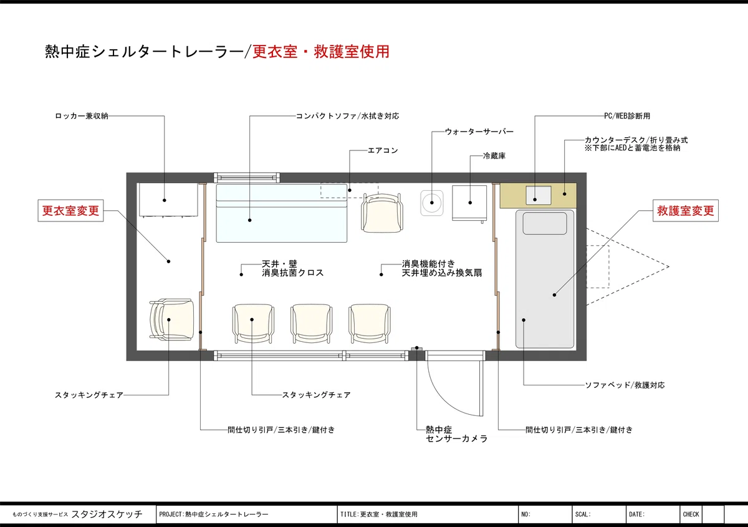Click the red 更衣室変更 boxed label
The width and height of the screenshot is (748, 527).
pos(70,211)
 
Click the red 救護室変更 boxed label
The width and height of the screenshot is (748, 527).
pos(686,211)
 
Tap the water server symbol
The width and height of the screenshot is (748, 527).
pos(432,203)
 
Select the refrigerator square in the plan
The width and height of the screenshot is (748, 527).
pos(469,203)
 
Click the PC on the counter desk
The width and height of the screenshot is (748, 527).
pos(539,195)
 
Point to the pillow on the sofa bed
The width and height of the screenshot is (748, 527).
pos(545,223)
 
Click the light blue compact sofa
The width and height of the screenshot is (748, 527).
pos(282,213)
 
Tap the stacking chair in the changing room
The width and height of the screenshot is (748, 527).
pos(171,320)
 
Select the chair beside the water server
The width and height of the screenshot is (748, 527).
pos(382,213)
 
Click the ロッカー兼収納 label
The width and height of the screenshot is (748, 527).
pos(82,116)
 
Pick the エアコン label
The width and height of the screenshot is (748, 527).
pos(383,150)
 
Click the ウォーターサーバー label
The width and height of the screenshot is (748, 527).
pos(479,132)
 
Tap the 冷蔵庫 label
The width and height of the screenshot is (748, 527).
pos(494,156)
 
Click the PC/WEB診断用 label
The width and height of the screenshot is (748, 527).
pos(627,116)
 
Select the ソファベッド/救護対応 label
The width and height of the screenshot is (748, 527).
pos(625,385)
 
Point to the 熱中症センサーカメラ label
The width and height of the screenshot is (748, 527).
pos(456,434)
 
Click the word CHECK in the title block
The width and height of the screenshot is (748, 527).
pos(691,515)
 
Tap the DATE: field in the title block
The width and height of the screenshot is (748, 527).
pos(637,515)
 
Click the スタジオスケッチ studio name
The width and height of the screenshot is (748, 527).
pos(107,514)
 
